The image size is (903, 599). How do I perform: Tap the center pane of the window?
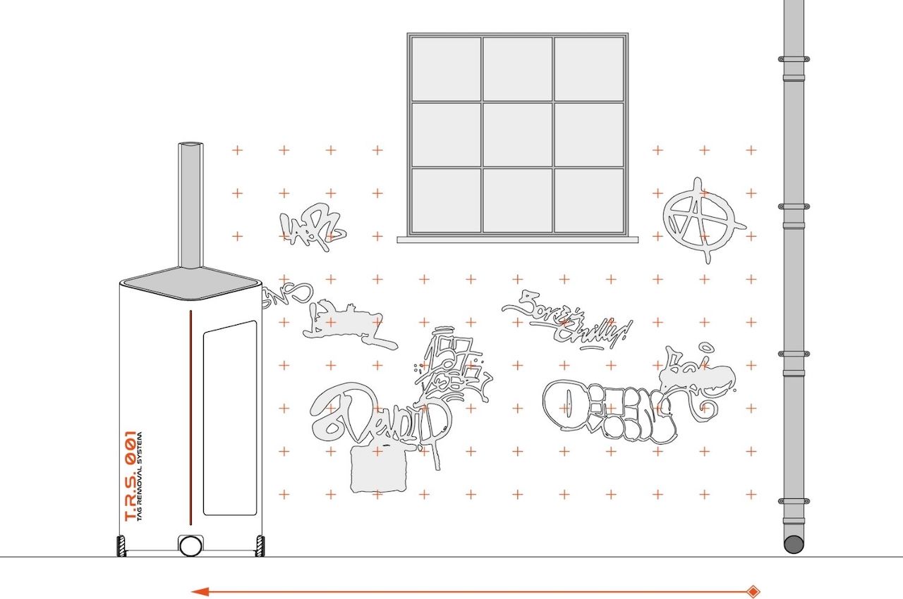[517, 134]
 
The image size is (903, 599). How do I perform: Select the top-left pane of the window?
[446, 68]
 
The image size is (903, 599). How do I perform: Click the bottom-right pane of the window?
[589, 199]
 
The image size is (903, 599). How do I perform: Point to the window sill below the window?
[517, 240]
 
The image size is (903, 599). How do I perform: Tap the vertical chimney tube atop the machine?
[190, 204]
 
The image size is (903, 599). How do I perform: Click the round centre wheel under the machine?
[190, 545]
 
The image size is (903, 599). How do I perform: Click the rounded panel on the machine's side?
[230, 418]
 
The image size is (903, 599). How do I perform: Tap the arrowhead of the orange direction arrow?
[198, 592]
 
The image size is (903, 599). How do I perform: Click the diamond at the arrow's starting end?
[753, 592]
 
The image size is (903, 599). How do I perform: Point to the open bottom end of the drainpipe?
[794, 544]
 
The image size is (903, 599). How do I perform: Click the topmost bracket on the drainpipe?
[794, 59]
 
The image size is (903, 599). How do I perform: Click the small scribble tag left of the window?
[314, 226]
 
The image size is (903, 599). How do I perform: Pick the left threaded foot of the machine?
[121, 546]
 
